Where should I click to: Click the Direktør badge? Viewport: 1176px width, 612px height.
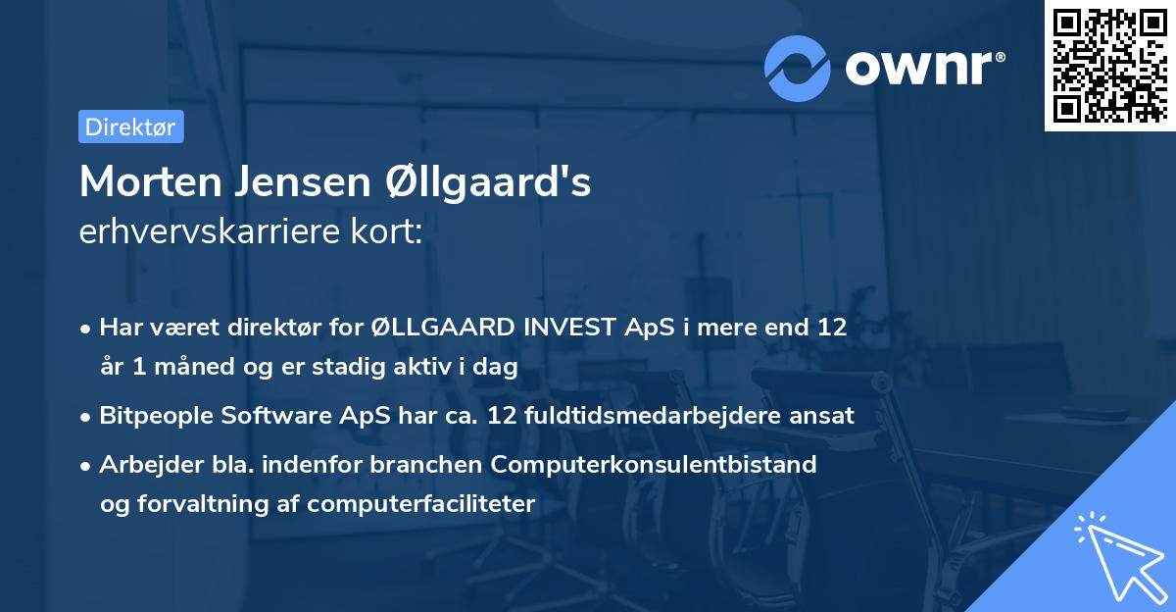tap(130, 127)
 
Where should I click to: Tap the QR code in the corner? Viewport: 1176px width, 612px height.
tap(1109, 65)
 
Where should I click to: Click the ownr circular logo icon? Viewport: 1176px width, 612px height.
tap(798, 68)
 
